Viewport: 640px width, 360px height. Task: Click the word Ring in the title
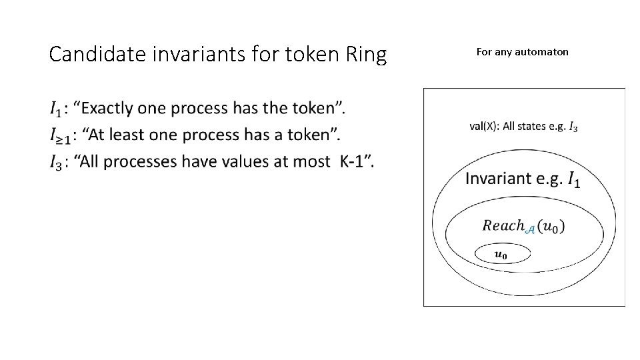coord(365,55)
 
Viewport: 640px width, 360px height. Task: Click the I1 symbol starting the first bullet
coord(56,108)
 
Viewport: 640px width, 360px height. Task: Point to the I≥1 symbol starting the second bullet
coord(60,136)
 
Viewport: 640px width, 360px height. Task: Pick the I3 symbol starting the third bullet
coord(57,163)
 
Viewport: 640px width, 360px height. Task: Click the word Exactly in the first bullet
coord(109,107)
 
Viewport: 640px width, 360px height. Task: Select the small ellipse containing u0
coord(502,253)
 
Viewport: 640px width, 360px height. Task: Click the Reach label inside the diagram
coord(504,226)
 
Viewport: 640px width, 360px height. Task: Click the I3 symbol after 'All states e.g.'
coord(573,127)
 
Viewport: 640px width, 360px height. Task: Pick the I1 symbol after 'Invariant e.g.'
coord(573,179)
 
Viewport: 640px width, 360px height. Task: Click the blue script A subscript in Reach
coord(531,230)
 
